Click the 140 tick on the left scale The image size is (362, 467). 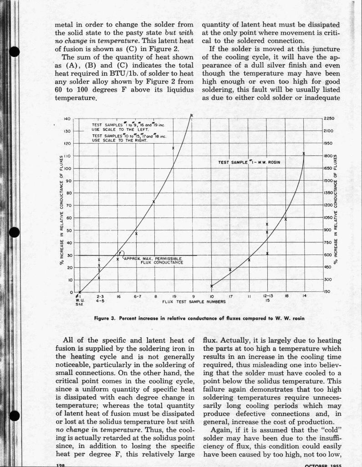(66, 119)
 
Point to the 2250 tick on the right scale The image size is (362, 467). (329, 119)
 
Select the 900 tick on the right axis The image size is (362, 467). (327, 230)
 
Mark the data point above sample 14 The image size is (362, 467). (304, 153)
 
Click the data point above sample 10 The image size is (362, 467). (211, 286)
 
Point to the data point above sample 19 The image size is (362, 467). (173, 148)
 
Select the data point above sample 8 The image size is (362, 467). (154, 202)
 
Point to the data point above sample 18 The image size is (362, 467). (286, 219)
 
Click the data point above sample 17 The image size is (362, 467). (230, 270)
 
